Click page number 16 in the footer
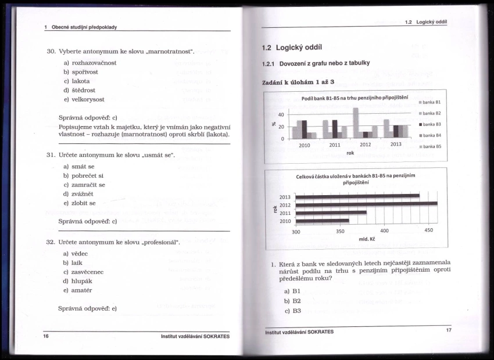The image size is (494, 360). [x=46, y=336]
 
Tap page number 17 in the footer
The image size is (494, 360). [x=448, y=330]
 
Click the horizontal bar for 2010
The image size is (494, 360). [x=322, y=221]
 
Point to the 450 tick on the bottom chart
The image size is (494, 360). [x=428, y=231]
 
